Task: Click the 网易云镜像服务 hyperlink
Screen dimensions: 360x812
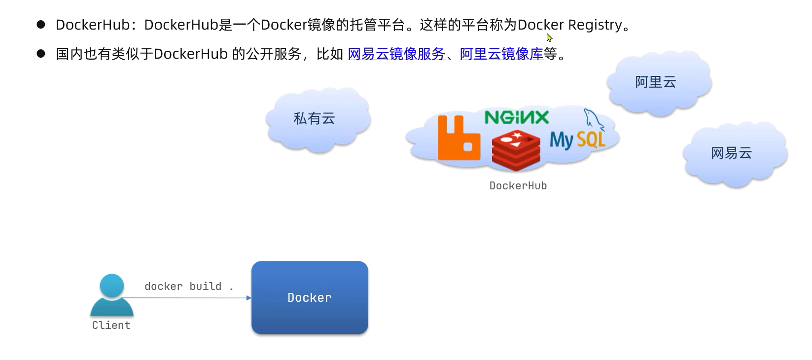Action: click(x=396, y=54)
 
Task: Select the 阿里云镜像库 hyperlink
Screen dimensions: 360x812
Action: click(x=501, y=54)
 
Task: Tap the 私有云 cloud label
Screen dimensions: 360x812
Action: click(x=314, y=118)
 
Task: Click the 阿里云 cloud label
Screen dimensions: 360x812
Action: click(x=655, y=82)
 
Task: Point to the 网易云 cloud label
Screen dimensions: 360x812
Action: click(x=731, y=153)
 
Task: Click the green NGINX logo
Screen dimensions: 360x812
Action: click(x=516, y=117)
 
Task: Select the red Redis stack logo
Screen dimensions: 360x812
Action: click(x=516, y=150)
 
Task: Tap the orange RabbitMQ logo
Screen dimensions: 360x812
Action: click(x=458, y=139)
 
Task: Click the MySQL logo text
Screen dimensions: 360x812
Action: click(x=577, y=140)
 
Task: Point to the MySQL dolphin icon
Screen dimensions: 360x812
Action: click(x=593, y=120)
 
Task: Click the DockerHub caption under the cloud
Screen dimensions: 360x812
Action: click(x=518, y=185)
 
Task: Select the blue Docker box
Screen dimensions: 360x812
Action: click(x=310, y=297)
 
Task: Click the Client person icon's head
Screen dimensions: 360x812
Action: click(x=112, y=286)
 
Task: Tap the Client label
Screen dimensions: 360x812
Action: click(x=111, y=325)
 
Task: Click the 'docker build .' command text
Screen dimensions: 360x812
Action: click(x=188, y=286)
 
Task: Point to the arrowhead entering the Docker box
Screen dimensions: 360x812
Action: click(x=248, y=298)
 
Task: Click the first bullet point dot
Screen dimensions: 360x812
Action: click(x=41, y=24)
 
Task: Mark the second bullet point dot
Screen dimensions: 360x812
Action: click(x=41, y=53)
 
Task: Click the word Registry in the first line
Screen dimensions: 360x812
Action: click(x=595, y=25)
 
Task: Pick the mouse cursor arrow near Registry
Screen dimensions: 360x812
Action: click(x=549, y=37)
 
